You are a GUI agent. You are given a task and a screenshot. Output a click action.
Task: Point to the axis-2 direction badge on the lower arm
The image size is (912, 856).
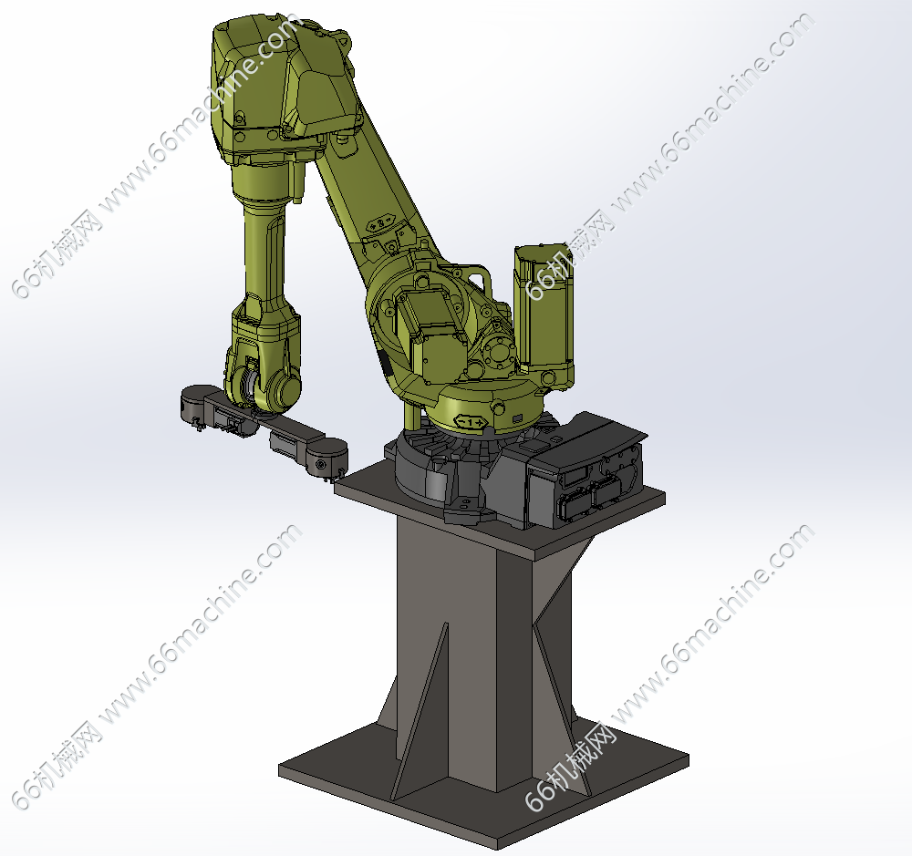pos(381,223)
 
